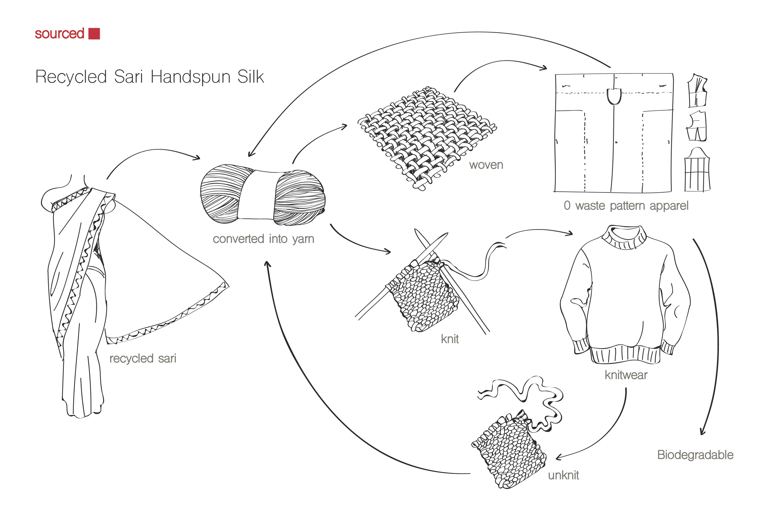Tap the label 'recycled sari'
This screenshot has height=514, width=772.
143,358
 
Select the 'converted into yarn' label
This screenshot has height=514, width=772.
263,239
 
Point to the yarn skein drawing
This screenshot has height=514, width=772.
262,195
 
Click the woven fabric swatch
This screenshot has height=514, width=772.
427,138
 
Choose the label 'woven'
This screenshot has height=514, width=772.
486,165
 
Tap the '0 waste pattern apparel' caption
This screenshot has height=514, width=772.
626,206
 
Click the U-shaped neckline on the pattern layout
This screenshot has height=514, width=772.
614,96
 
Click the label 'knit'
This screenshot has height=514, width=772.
450,339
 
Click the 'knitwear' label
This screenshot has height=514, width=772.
626,375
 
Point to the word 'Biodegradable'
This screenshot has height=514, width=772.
695,455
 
